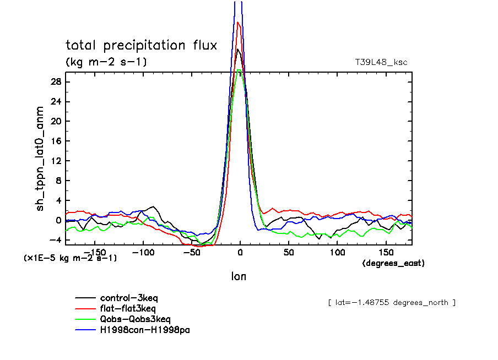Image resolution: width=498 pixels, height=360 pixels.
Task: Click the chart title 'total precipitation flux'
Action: point(142,45)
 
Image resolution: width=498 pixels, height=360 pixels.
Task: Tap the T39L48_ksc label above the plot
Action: point(381,62)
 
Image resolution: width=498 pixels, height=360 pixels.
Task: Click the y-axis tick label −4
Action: point(54,240)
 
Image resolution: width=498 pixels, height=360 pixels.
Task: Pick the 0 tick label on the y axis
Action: point(58,220)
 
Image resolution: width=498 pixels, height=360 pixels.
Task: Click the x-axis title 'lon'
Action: point(239,276)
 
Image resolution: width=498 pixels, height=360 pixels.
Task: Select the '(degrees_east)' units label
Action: point(393,264)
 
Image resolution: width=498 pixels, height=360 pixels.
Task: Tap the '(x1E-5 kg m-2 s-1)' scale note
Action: point(70,258)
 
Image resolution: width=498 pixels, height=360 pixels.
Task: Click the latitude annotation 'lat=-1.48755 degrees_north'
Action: point(392,303)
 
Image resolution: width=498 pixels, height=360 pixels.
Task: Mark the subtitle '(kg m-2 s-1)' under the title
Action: point(106,62)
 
